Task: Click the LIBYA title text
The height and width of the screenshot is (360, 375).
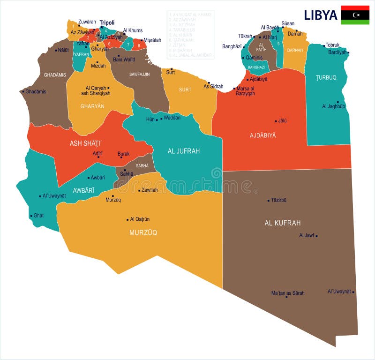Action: pyautogui.click(x=321, y=15)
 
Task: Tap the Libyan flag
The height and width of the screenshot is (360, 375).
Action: pyautogui.click(x=355, y=15)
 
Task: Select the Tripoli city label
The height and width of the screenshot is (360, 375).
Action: pyautogui.click(x=107, y=22)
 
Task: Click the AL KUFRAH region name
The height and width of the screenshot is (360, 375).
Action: pyautogui.click(x=283, y=223)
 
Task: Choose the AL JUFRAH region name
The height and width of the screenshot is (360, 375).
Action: pyautogui.click(x=184, y=151)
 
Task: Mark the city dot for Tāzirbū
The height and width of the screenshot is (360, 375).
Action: pyautogui.click(x=268, y=200)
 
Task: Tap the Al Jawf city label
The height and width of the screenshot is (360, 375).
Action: pyautogui.click(x=307, y=235)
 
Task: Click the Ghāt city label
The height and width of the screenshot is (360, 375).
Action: pyautogui.click(x=38, y=216)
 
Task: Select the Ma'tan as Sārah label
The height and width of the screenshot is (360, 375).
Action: pyautogui.click(x=288, y=293)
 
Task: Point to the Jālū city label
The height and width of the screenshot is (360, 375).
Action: pyautogui.click(x=282, y=120)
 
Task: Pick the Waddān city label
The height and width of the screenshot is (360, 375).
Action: pyautogui.click(x=172, y=118)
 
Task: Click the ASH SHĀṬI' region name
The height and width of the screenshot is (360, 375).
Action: pyautogui.click(x=86, y=143)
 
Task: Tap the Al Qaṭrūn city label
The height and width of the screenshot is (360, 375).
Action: pyautogui.click(x=140, y=219)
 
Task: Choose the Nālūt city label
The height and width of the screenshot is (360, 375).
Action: pyautogui.click(x=63, y=50)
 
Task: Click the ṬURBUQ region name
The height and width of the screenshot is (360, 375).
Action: pyautogui.click(x=326, y=77)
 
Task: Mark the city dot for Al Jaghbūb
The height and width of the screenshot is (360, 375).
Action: pyautogui.click(x=337, y=102)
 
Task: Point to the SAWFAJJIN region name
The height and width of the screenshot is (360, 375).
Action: pyautogui.click(x=140, y=74)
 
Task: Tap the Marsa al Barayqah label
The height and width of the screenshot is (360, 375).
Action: pyautogui.click(x=246, y=90)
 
